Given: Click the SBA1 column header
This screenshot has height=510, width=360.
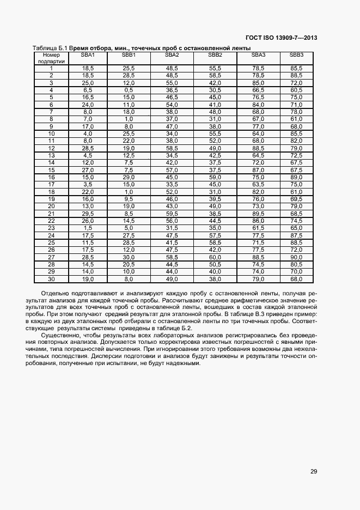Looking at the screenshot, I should click(x=88, y=55).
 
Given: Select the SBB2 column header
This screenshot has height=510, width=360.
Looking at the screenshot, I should click(x=215, y=55).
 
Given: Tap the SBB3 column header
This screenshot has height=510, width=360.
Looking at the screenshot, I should click(x=296, y=55).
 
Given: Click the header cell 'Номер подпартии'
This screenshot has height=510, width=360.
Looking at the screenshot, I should click(x=51, y=58).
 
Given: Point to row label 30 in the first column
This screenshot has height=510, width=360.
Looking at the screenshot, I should click(x=51, y=278).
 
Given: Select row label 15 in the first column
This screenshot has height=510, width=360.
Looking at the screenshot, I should click(x=51, y=169).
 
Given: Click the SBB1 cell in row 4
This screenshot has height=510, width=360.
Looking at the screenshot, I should click(x=129, y=89).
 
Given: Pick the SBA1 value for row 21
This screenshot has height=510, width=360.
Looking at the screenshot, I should click(x=88, y=213).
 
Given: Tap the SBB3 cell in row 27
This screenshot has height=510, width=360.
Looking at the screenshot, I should click(x=296, y=257).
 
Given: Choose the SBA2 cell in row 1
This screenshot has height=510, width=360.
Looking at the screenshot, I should click(x=172, y=68).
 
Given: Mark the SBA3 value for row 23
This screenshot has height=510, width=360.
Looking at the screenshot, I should click(x=258, y=228).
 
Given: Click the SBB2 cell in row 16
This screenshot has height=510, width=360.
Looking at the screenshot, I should click(x=215, y=177).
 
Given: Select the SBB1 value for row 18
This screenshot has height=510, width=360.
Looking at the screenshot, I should click(x=129, y=191).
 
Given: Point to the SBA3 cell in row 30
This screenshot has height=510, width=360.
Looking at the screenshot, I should click(x=258, y=278).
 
